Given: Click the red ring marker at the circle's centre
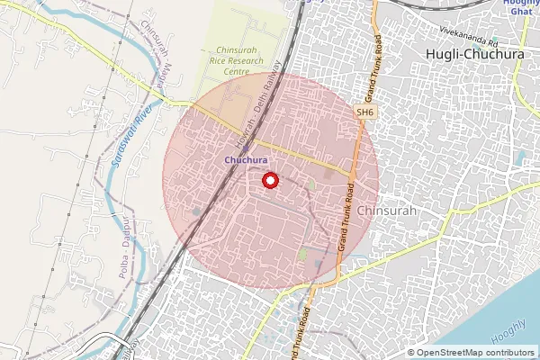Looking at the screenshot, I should [x=269, y=181].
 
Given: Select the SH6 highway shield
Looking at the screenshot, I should [x=364, y=112].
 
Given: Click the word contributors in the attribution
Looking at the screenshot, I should [x=509, y=352].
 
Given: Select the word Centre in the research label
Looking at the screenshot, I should [x=238, y=71].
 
